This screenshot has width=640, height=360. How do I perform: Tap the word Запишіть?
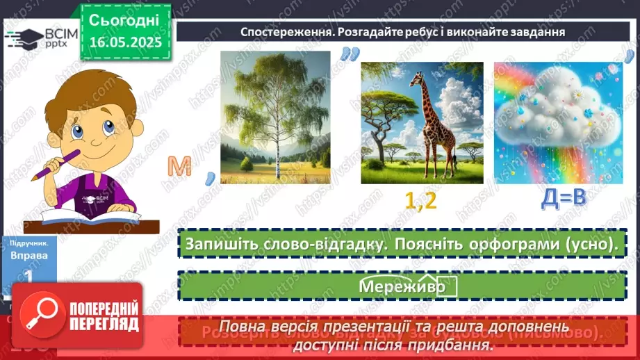[x=221, y=245]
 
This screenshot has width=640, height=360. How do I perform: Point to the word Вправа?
[x=30, y=255]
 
